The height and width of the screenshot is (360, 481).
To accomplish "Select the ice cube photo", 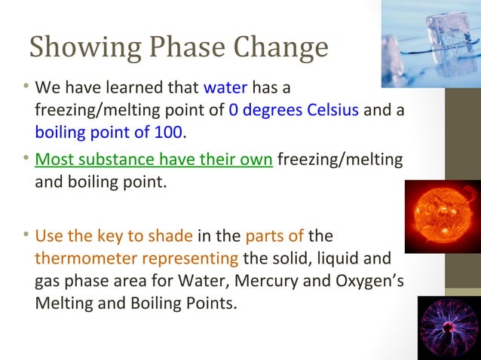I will pyautogui.click(x=430, y=43).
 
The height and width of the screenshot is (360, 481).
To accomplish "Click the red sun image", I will pyautogui.click(x=443, y=216).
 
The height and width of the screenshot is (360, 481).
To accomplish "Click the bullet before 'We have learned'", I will pyautogui.click(x=26, y=87).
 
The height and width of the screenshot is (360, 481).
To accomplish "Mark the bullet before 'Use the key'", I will pyautogui.click(x=26, y=234).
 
